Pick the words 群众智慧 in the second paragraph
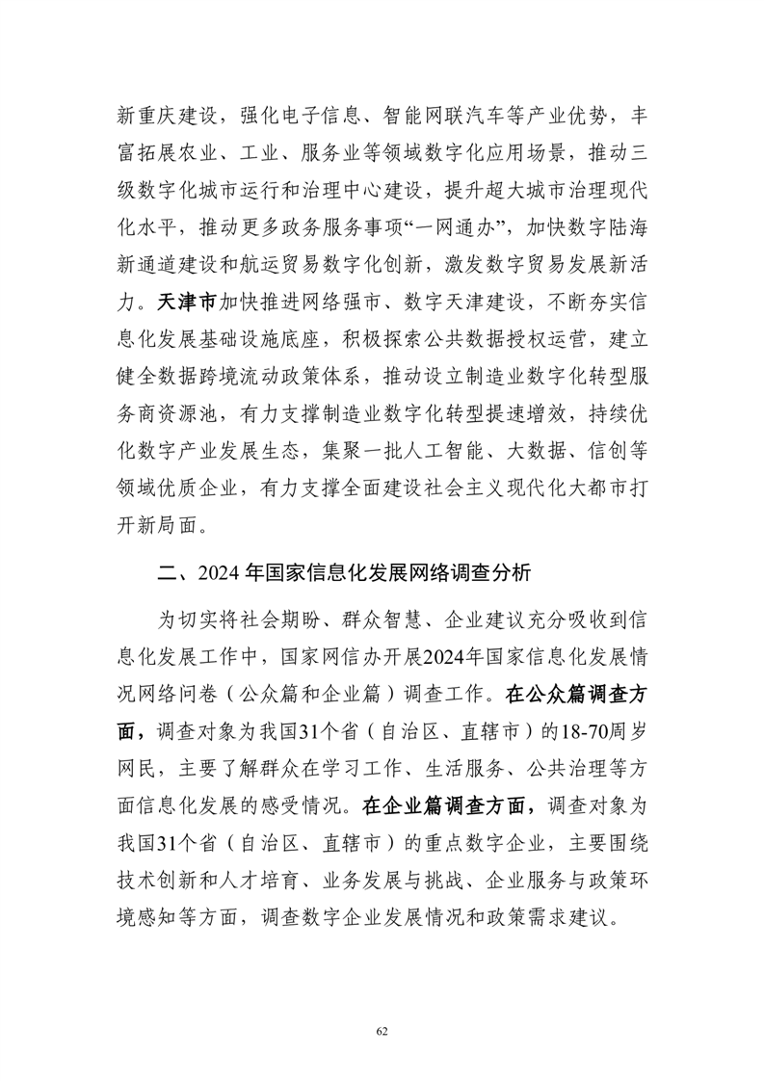384,618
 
